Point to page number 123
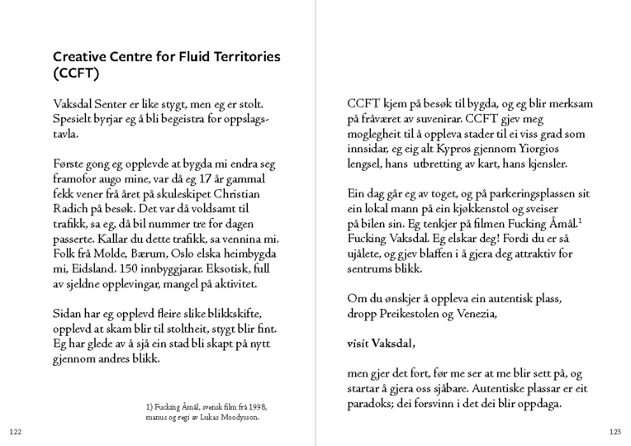tap(614, 432)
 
